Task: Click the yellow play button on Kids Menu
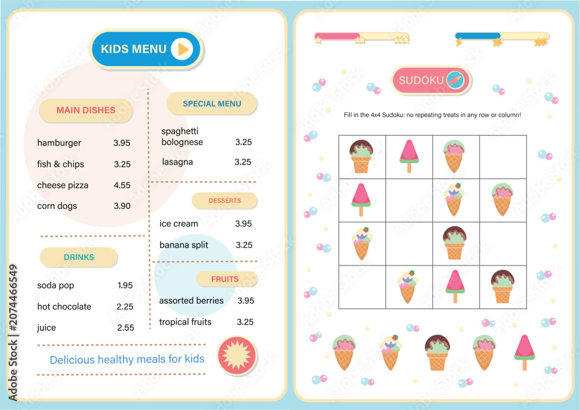[x=182, y=49]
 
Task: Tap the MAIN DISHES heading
[x=86, y=110]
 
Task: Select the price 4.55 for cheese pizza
[x=122, y=185]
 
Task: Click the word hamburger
[x=59, y=143]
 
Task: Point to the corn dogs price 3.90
[x=122, y=206]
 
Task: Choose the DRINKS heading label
[x=79, y=257]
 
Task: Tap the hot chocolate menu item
[x=64, y=306]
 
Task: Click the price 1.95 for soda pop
[x=125, y=285]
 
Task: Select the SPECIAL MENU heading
[x=212, y=104]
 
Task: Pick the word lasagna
[x=177, y=162]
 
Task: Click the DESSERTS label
[x=224, y=201]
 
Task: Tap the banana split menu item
[x=184, y=245]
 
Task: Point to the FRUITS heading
[x=225, y=279]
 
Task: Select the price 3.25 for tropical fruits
[x=245, y=322]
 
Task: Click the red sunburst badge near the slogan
[x=237, y=355]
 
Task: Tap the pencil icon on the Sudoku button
[x=455, y=80]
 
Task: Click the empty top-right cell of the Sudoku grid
[x=503, y=157]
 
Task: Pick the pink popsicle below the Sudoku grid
[x=524, y=353]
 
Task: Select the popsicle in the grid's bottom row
[x=455, y=286]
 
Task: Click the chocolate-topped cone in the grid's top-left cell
[x=361, y=157]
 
